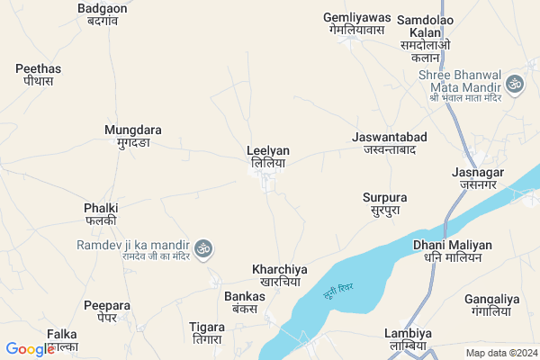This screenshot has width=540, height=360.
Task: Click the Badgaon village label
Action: (102, 14)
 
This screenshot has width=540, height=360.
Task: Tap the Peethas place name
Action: (39, 74)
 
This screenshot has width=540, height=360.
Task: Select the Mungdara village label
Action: (132, 136)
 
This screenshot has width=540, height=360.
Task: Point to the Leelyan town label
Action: (268, 157)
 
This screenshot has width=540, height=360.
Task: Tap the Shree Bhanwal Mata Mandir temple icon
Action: (516, 84)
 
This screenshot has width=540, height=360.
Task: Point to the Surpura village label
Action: (384, 203)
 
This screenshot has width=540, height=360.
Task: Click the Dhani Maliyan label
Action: (452, 250)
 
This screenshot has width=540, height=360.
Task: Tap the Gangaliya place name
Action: (492, 304)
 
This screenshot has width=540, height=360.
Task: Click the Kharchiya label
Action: (280, 274)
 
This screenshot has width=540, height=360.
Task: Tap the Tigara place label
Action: (207, 331)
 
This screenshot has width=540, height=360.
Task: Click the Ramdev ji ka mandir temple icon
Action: (203, 246)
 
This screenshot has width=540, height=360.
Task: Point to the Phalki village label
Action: (101, 213)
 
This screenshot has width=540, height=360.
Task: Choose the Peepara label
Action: (101, 310)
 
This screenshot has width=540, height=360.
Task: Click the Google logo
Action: (30, 348)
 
